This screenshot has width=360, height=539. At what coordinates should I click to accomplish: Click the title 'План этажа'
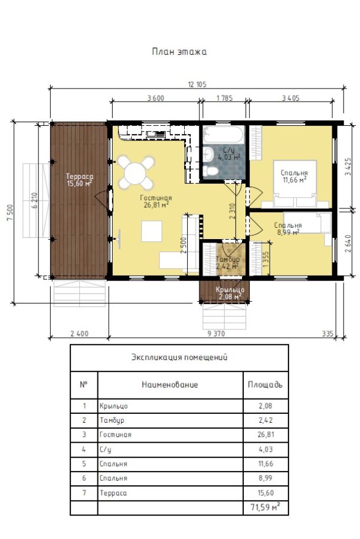[179, 51]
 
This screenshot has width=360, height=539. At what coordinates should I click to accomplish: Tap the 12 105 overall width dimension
[197, 84]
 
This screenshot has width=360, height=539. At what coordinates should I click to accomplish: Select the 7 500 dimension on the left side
[9, 213]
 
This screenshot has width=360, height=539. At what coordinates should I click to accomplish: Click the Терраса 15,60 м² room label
[80, 180]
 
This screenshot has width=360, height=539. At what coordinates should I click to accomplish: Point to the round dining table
[135, 173]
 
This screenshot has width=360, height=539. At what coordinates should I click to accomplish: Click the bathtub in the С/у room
[223, 135]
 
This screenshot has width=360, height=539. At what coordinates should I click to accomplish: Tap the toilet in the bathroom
[210, 171]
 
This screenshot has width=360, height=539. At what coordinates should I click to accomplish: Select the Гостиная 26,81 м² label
[156, 201]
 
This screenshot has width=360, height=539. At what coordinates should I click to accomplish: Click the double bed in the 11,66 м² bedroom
[295, 184]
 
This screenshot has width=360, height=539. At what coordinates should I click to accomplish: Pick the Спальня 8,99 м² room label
[288, 228]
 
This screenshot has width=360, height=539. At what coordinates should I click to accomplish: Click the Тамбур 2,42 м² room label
[228, 262]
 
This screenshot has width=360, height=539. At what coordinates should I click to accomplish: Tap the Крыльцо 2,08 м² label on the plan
[230, 293]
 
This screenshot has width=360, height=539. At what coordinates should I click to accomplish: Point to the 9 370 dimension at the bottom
[217, 334]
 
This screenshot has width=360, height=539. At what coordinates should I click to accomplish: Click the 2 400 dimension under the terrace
[79, 334]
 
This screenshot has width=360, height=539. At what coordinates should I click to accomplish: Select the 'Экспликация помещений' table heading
[179, 357]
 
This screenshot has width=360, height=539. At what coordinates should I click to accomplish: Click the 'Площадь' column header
[265, 384]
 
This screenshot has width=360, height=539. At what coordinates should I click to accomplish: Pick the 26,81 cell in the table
[266, 435]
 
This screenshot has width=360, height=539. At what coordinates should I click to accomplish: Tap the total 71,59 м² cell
[265, 507]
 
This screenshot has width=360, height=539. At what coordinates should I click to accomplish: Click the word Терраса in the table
[113, 493]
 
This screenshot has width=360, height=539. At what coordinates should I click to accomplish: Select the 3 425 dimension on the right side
[348, 166]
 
